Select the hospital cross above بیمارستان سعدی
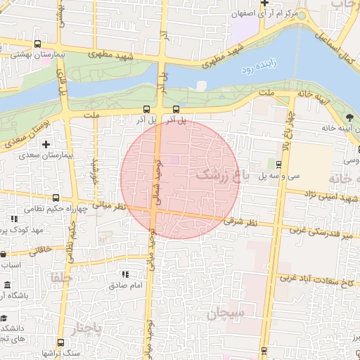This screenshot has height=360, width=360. (x=46, y=144)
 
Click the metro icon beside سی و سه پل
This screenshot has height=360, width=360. (x=279, y=166)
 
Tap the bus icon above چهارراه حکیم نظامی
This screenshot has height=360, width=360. (x=56, y=198)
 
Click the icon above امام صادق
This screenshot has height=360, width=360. (x=125, y=274)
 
